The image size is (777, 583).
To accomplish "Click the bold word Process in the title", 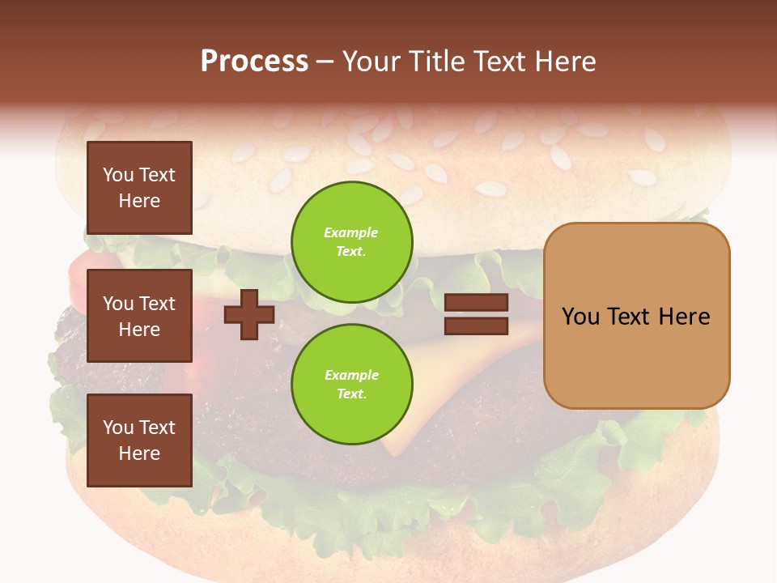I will click(x=254, y=62).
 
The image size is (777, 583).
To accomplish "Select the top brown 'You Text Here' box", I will click(x=139, y=188).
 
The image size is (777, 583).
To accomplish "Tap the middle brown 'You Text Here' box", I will click(x=139, y=316).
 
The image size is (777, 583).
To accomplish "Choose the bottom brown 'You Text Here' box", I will click(x=139, y=440).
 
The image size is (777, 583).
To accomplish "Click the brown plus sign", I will click(x=249, y=315).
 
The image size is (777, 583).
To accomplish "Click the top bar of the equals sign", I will click(x=476, y=303).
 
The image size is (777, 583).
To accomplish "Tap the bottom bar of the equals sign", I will click(x=476, y=326).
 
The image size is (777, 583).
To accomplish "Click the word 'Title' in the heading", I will click(x=436, y=62).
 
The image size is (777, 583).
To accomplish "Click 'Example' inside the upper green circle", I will click(x=351, y=232).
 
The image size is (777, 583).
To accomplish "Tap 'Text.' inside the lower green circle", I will click(x=351, y=394).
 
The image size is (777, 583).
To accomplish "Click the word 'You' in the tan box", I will click(x=580, y=316).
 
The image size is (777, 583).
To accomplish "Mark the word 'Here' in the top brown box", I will click(x=139, y=201).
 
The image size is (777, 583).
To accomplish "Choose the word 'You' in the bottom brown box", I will click(x=119, y=428).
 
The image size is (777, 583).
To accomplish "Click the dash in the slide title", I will click(x=325, y=62).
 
